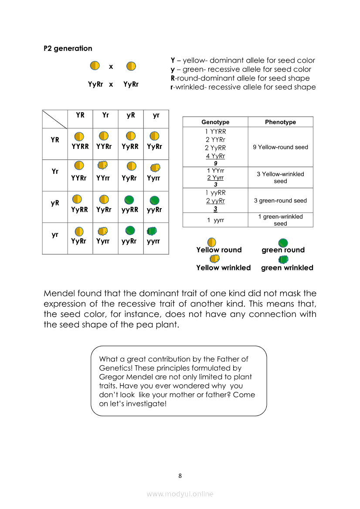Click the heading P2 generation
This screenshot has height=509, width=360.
pos(68,48)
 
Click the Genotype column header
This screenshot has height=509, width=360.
pos(215,122)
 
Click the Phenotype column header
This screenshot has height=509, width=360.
pos(280,122)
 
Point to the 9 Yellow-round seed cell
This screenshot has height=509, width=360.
pos(280,147)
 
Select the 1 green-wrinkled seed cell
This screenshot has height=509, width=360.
pos(280,220)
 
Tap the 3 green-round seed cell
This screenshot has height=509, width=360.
pos(280,201)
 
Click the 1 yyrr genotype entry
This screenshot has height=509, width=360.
pos(215,220)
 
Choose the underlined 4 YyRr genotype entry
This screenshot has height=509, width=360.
pos(215,156)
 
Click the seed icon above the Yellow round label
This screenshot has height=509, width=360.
pos(212,242)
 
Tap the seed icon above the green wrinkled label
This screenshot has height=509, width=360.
pos(284,260)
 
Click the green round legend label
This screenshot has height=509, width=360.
pos(283,250)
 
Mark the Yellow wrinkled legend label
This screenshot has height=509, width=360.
pos(223,268)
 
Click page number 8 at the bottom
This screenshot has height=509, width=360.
pos(180,475)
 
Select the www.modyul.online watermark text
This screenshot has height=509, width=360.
pos(180,494)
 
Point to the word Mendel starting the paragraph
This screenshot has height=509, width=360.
pos(61,293)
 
